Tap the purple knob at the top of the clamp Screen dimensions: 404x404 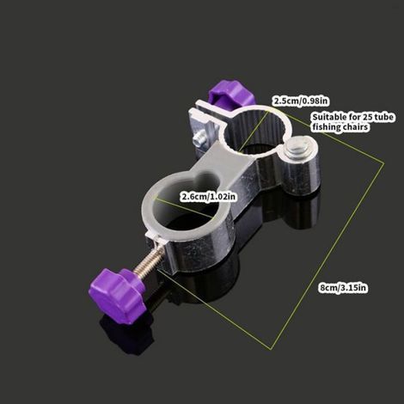click(230, 94)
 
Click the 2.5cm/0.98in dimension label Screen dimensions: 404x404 click(300, 101)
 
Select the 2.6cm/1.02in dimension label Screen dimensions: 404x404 click(208, 197)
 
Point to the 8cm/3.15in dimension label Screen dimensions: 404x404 click(343, 288)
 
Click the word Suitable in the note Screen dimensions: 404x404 click(329, 117)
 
